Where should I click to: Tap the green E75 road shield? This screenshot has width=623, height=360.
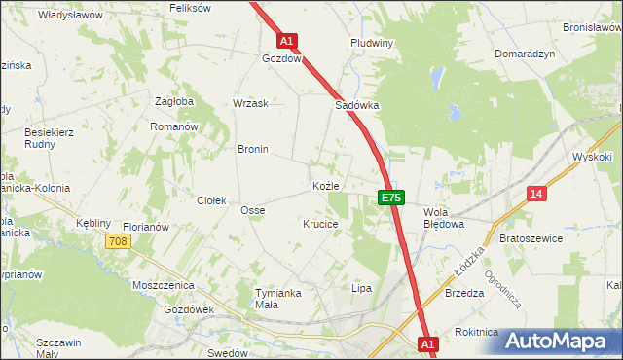click(x=390, y=198)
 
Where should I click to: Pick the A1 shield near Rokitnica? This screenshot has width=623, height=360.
click(x=427, y=343)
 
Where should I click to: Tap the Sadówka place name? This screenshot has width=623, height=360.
click(x=356, y=105)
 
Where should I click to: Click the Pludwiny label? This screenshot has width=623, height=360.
click(x=371, y=44)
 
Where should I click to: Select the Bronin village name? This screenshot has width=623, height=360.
click(x=253, y=150)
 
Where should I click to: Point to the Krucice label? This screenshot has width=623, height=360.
click(x=320, y=224)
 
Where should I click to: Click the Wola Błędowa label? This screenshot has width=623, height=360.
click(x=443, y=217)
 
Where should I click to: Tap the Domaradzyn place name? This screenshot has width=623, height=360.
click(x=525, y=54)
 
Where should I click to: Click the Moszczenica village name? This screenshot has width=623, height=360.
click(x=164, y=286)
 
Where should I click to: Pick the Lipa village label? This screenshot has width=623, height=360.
click(x=362, y=289)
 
